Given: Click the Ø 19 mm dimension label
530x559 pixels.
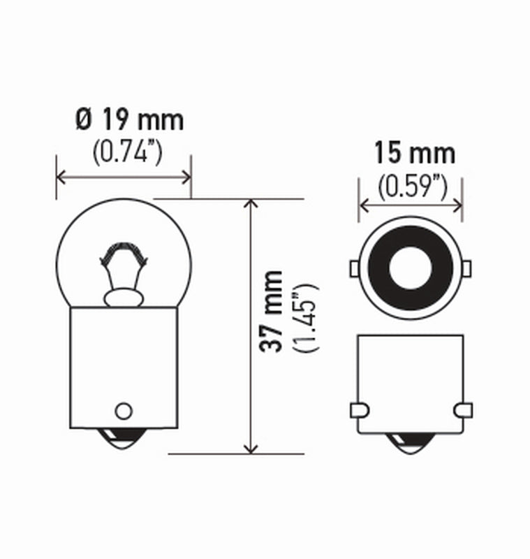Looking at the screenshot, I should coord(129,120).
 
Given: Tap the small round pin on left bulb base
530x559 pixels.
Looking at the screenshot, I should coord(124,409).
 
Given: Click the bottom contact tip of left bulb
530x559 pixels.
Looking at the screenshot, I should coord(124,440).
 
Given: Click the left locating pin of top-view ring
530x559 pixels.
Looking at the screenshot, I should coord(353,268).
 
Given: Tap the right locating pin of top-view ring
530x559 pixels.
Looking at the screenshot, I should coord(466,268).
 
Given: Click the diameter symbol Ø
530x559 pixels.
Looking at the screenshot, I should coord(82,121).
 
